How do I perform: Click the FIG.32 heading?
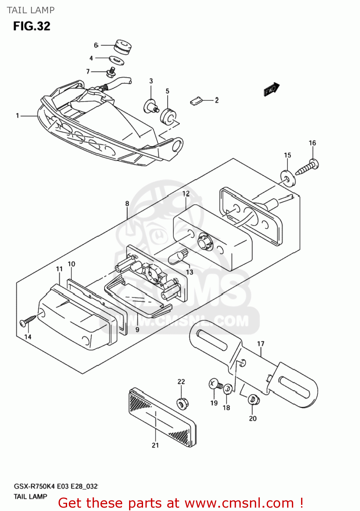pos(32,26)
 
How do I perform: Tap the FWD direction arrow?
pos(271,90)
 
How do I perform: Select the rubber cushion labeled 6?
pos(123,47)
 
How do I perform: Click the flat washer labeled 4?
pos(117,60)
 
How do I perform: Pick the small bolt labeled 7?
pos(111,72)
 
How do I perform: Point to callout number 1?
pos(17,116)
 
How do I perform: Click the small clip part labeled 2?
pos(196,101)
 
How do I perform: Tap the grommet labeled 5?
pos(168,117)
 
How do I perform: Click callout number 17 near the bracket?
pos(261,344)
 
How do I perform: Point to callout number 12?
pos(186,193)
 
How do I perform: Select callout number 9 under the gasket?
pos(137,329)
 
